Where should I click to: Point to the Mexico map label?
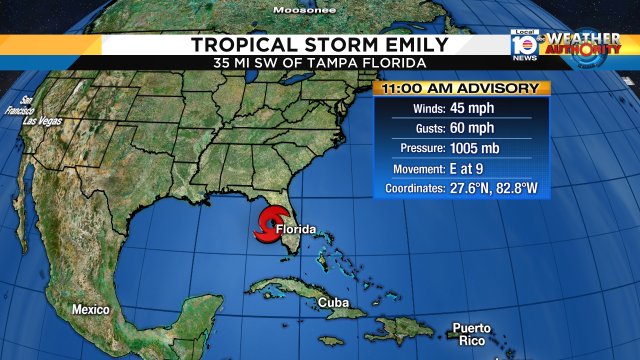point(90,310)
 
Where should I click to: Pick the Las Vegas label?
point(43,121)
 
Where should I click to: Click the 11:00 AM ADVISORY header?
point(462,88)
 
